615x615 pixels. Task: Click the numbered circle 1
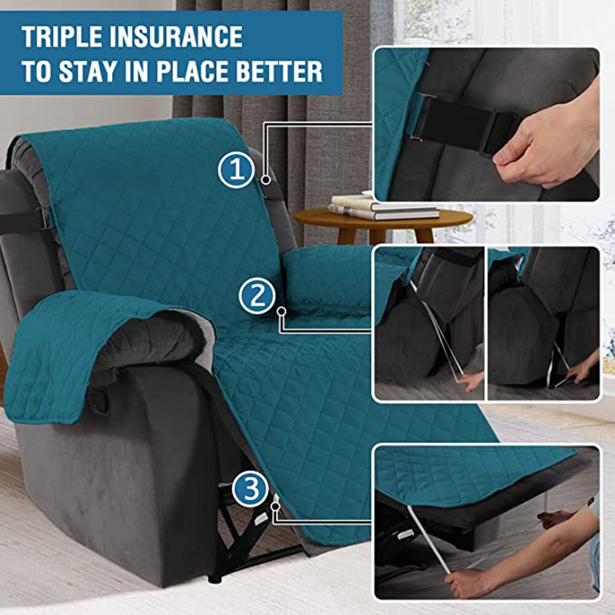[x=237, y=170]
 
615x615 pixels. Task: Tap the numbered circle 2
[x=257, y=296]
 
